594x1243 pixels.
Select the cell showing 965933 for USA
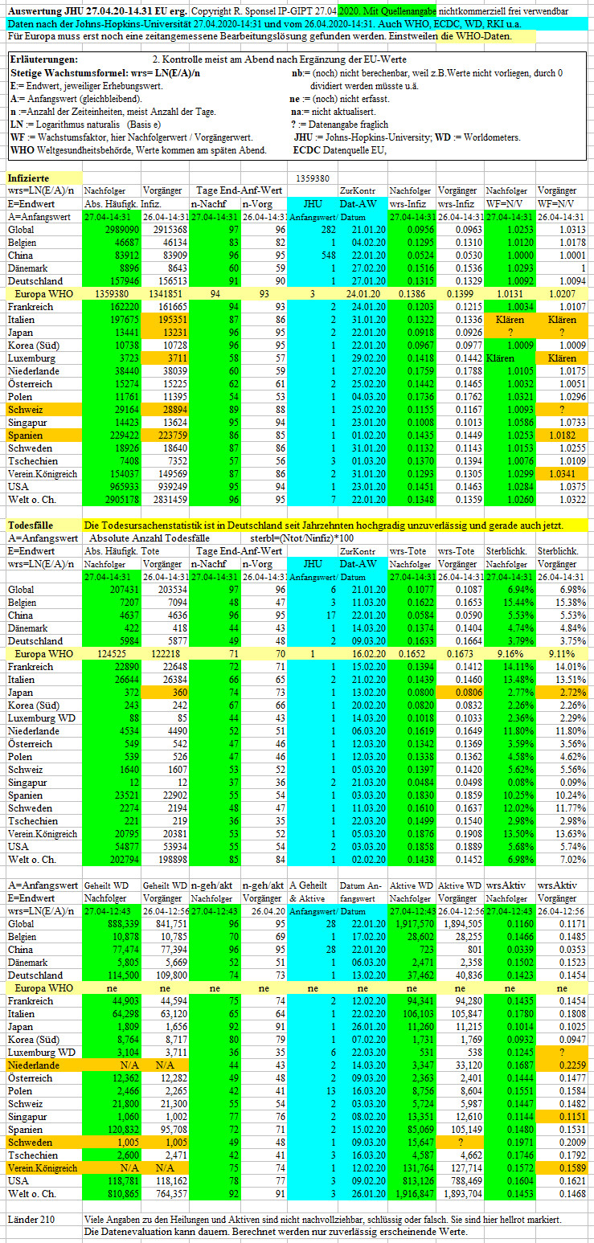tap(125, 487)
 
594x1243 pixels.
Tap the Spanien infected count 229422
tap(125, 435)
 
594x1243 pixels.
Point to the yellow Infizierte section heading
tap(28, 178)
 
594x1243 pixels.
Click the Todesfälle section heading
tap(31, 525)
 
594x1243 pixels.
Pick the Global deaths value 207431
tap(125, 590)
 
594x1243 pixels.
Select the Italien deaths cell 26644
tap(126, 680)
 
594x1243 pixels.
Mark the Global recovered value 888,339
tap(123, 924)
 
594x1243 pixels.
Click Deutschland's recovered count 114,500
tap(123, 975)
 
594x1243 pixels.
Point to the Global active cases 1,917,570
tap(415, 924)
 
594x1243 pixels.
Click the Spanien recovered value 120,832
tap(123, 1130)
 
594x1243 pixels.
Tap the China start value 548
tap(328, 256)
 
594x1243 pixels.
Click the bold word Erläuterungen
tap(44, 59)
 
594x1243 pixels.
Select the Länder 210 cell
tap(31, 1219)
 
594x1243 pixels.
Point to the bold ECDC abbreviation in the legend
tap(306, 149)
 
